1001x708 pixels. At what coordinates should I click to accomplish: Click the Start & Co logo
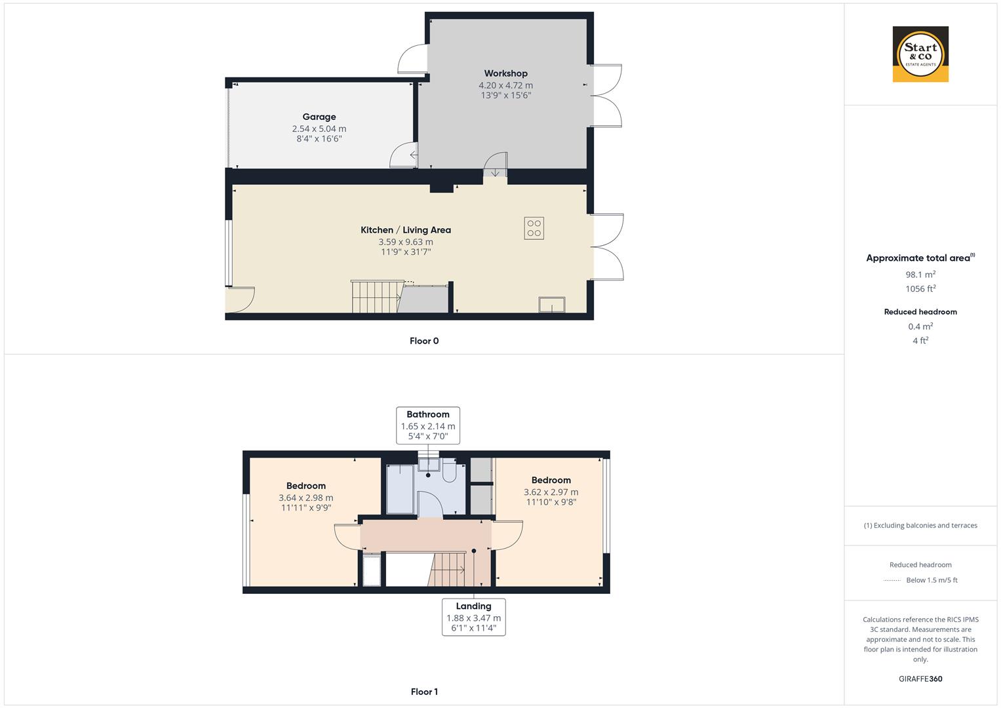[920, 54]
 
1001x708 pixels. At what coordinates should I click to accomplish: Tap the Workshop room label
[505, 73]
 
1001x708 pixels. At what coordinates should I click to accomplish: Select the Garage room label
[319, 117]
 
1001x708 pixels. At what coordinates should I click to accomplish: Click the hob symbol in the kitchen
[534, 228]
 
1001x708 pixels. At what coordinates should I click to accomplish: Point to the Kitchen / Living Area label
[406, 230]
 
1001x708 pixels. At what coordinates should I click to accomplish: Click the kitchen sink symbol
[552, 305]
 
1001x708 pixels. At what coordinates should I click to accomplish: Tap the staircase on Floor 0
[376, 297]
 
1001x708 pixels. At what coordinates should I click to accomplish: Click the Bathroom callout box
[428, 425]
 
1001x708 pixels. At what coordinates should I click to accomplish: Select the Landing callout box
[473, 617]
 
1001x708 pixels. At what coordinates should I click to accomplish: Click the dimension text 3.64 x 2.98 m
[306, 498]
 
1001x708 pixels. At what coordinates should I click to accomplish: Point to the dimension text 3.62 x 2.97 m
[551, 492]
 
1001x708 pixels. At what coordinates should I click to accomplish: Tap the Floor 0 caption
[424, 341]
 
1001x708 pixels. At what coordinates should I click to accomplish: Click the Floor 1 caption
[424, 692]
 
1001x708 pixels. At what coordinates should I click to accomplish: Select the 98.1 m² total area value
[920, 275]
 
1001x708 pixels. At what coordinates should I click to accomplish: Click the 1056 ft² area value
[920, 288]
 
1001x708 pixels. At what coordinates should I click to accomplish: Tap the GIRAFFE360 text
[920, 679]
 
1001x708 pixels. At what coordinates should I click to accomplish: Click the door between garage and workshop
[404, 156]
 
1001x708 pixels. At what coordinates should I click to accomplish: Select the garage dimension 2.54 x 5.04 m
[319, 129]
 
